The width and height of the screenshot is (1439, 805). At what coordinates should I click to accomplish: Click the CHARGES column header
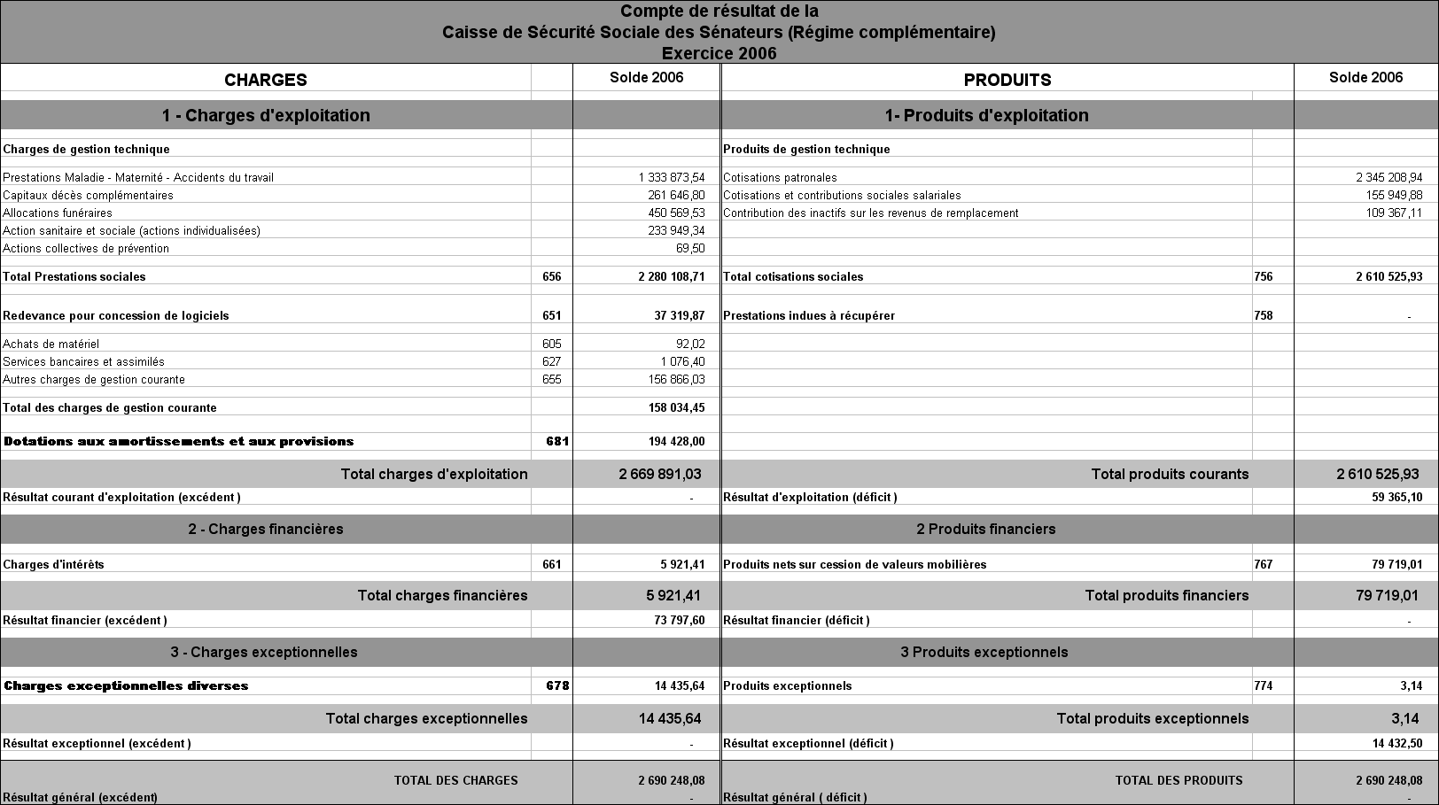(x=265, y=80)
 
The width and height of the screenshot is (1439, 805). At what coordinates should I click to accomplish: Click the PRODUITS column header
(x=1007, y=80)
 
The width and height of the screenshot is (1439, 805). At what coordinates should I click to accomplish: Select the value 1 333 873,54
(x=671, y=177)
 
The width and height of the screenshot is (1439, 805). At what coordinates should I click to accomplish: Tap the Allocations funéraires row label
(x=58, y=213)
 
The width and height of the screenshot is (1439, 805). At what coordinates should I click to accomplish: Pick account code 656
(x=551, y=276)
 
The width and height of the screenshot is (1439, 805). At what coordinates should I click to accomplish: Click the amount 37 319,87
(x=679, y=315)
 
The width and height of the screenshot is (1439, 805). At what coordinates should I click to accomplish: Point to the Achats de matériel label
(x=51, y=344)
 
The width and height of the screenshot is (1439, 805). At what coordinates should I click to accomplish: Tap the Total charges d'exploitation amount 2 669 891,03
(x=659, y=474)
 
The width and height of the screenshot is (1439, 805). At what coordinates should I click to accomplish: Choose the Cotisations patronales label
(x=780, y=177)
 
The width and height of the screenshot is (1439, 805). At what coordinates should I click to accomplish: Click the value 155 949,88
(x=1394, y=195)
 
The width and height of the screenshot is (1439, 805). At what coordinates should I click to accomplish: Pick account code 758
(x=1263, y=315)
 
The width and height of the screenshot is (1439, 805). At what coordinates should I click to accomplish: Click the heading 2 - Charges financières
(x=265, y=529)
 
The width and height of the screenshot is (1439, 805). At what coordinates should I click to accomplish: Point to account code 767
(x=1263, y=564)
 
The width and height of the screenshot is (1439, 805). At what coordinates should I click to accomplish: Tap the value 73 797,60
(x=679, y=620)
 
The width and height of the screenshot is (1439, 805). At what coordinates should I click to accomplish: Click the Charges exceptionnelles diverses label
(x=126, y=685)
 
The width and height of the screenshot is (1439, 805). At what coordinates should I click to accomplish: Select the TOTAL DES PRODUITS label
(x=1178, y=780)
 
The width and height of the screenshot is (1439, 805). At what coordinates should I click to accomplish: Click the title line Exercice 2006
(x=719, y=53)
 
